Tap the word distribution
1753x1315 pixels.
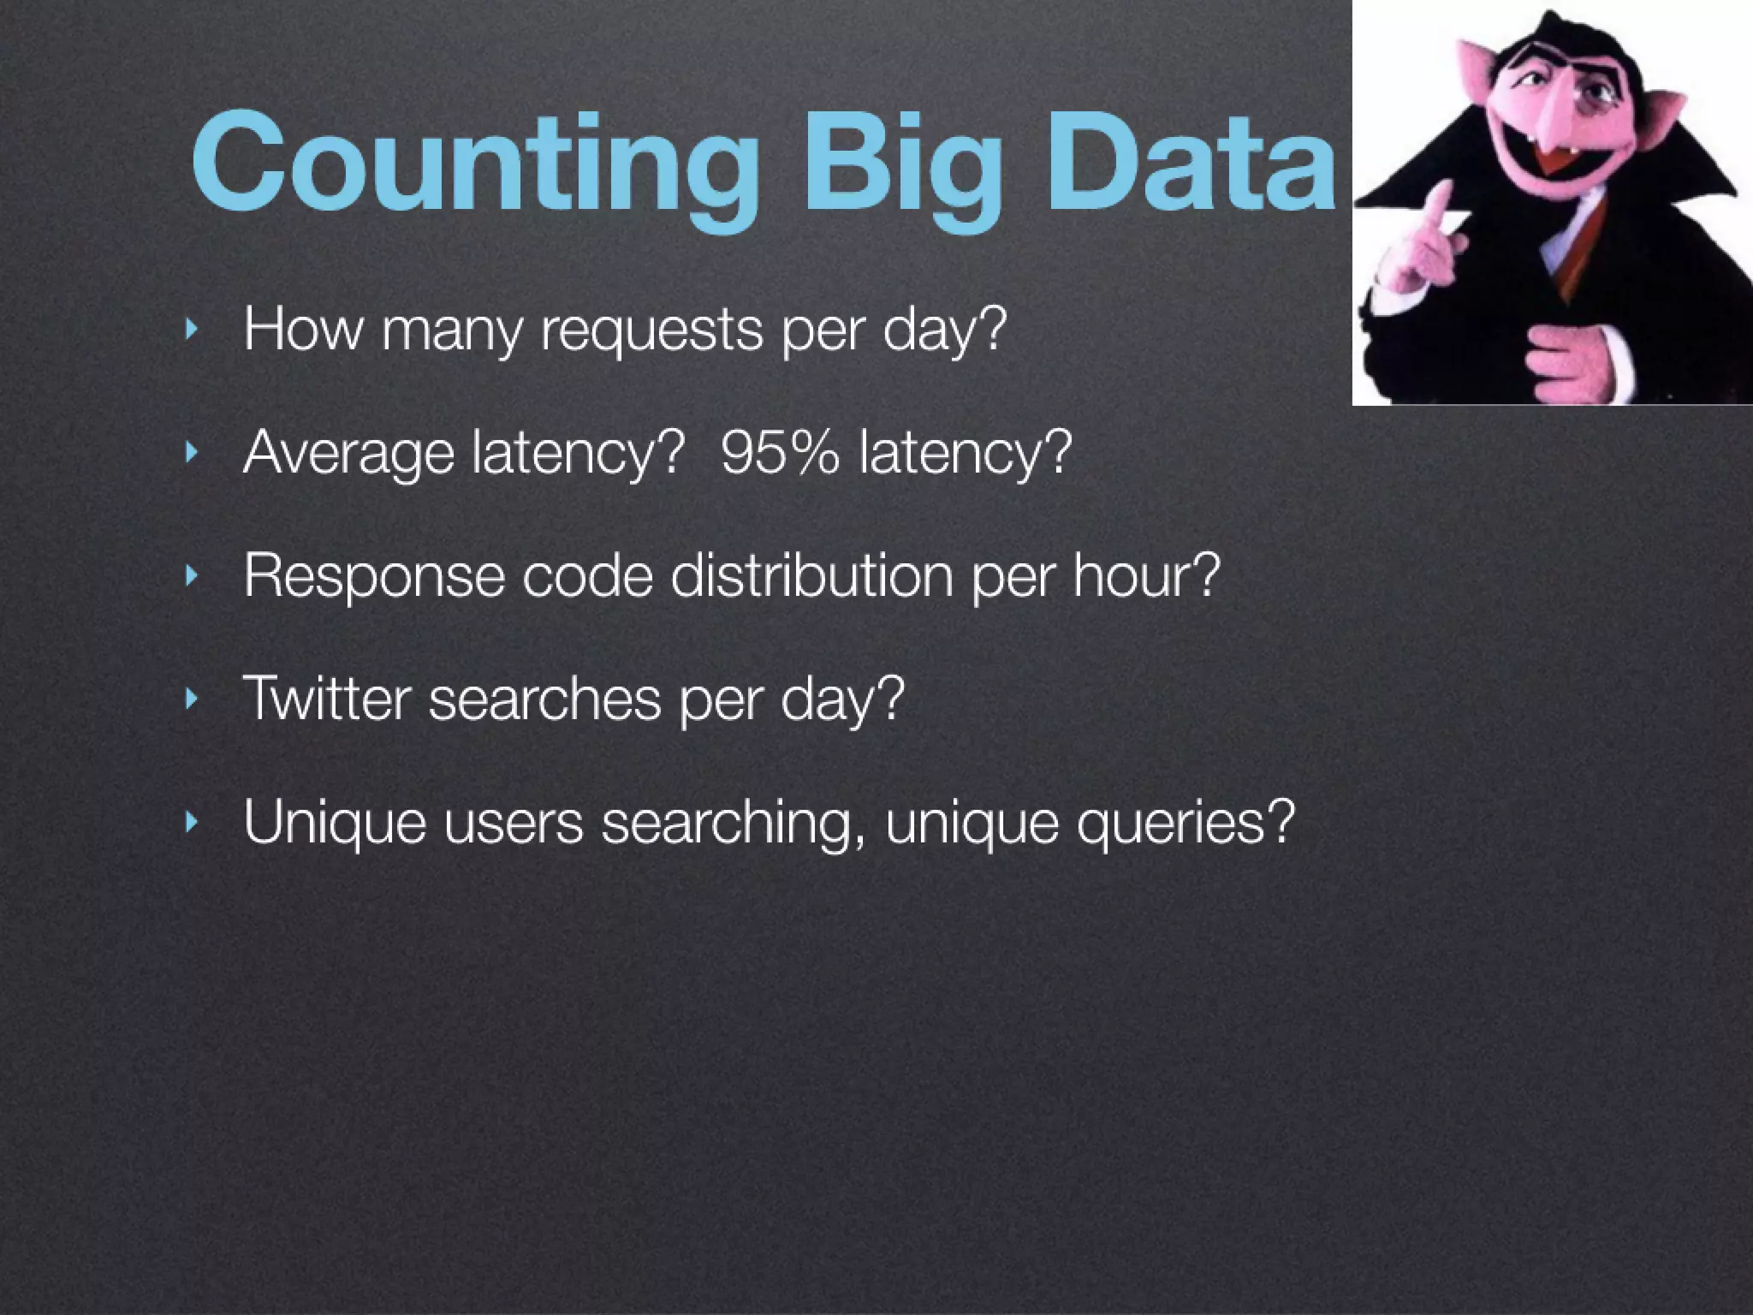pyautogui.click(x=811, y=574)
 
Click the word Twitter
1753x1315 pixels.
pyautogui.click(x=327, y=698)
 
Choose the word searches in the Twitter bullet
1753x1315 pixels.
pyautogui.click(x=544, y=698)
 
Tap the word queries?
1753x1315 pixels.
pyautogui.click(x=1186, y=823)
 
